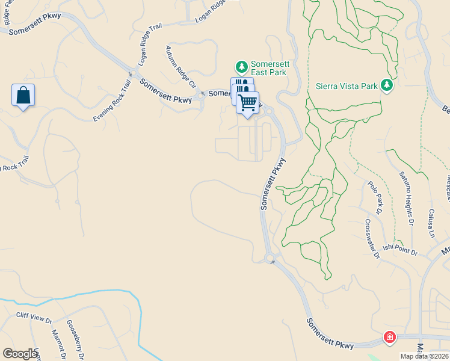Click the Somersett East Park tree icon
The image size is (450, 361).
(x=241, y=66)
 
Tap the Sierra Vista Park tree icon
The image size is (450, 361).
(x=386, y=86)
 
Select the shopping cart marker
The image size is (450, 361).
(x=247, y=103)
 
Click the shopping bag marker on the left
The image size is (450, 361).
(x=23, y=95)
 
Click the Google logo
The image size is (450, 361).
(x=20, y=354)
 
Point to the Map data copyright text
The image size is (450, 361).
(x=424, y=356)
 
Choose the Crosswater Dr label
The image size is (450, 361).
(x=372, y=238)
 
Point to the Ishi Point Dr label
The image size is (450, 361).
(x=400, y=249)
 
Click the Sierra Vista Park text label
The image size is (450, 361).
(x=347, y=86)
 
